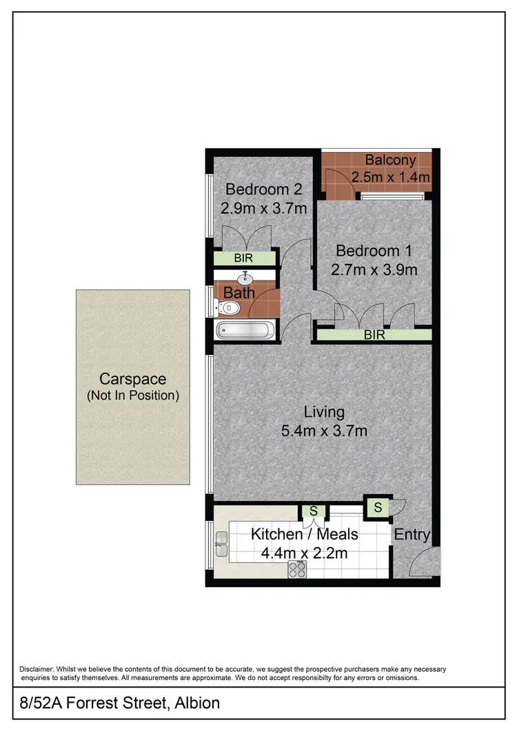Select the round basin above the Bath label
[x=245, y=278]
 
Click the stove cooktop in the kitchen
[x=297, y=569]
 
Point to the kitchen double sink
[x=221, y=544]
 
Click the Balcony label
[x=390, y=160]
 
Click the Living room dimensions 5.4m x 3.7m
[x=324, y=431]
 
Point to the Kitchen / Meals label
[x=304, y=534]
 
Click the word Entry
[x=412, y=535]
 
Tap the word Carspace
[x=132, y=379]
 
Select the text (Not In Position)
[x=132, y=395]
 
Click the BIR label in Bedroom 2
[x=243, y=258]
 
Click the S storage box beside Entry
[x=377, y=508]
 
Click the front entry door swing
[x=422, y=564]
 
